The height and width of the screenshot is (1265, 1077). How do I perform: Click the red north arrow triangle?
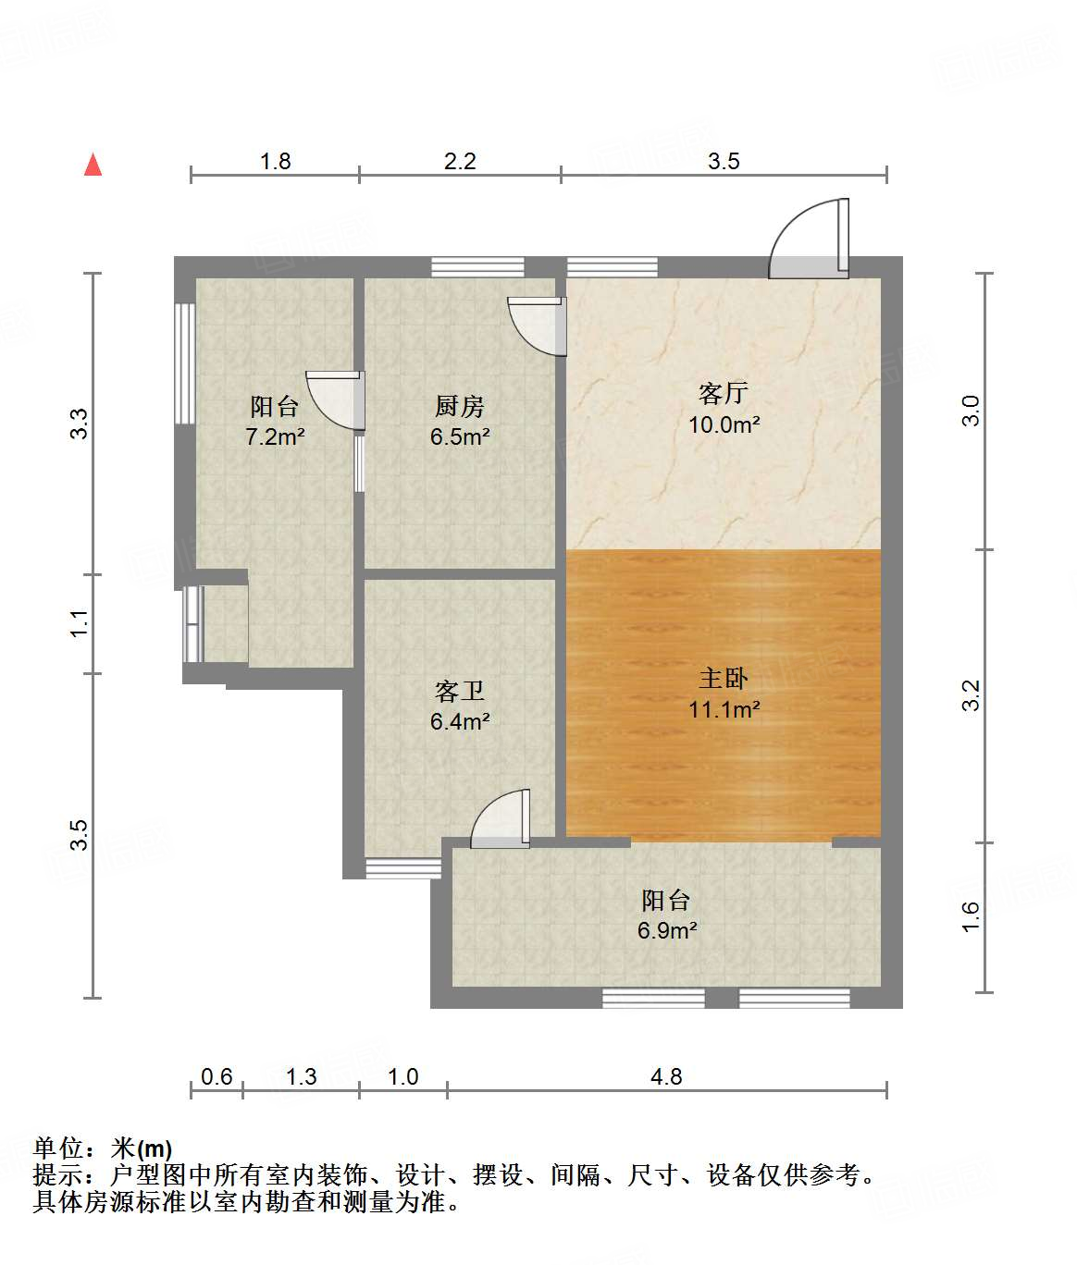[x=93, y=165]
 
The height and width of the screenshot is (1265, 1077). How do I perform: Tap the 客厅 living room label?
[x=724, y=393]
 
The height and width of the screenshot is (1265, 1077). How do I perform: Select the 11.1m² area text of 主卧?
[x=724, y=709]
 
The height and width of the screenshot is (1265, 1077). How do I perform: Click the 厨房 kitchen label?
[x=459, y=406]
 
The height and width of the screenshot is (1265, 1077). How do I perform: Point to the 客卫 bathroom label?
[x=459, y=691]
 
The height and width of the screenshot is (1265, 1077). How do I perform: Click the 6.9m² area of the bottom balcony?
[x=666, y=930]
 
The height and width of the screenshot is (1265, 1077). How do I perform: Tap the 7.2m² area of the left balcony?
[x=275, y=436]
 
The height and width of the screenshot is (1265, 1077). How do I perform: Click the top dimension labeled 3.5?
[x=724, y=161]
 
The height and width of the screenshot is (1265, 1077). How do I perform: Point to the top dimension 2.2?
[x=459, y=161]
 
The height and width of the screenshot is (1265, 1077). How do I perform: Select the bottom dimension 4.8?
[x=666, y=1076]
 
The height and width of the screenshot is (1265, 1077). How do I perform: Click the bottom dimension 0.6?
[x=217, y=1076]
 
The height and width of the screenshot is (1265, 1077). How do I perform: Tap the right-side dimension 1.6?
[x=970, y=916]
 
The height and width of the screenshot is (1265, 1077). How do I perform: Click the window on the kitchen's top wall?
[x=477, y=266]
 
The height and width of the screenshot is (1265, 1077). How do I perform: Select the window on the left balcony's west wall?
[x=185, y=363]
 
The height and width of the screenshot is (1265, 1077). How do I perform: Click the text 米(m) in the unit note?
[x=141, y=1148]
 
